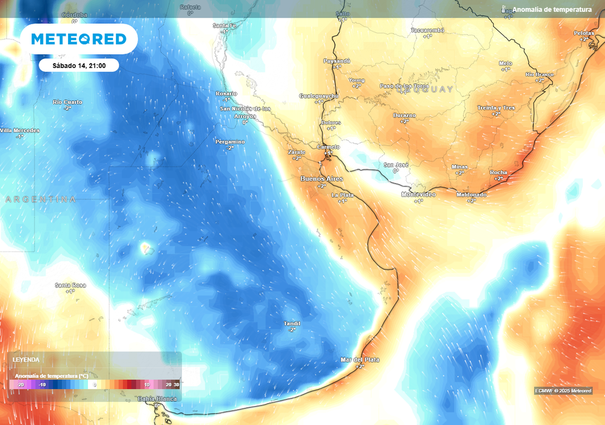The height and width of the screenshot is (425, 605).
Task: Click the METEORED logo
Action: coord(79,39)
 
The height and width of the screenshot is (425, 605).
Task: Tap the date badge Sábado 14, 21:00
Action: coord(79,66)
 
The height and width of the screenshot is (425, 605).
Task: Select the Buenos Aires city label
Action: coord(321,178)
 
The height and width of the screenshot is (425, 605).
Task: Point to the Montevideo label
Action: coord(418,195)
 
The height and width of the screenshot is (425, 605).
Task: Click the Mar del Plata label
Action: coord(360,359)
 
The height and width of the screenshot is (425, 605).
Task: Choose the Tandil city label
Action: coord(292,323)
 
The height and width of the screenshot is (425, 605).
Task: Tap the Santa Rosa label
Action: coord(70,285)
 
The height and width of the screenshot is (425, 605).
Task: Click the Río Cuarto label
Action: coord(67,102)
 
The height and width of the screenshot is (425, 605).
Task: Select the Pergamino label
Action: coord(230,142)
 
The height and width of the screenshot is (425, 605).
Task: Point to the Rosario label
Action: coord(226,93)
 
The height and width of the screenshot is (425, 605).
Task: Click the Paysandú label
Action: coord(337,61)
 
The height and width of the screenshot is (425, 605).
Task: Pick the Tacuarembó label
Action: coord(427,30)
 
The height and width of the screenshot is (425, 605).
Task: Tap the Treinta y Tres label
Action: coord(496,108)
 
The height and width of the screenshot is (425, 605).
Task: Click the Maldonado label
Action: coord(471,195)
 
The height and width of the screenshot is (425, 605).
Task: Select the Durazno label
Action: coord(405,115)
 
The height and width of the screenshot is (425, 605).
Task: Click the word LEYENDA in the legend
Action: coord(27,359)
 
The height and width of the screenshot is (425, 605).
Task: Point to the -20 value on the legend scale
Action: coord(21,385)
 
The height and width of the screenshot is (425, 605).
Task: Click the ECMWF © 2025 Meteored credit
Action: coord(563,391)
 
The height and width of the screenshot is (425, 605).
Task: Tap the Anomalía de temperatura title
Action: coord(552,9)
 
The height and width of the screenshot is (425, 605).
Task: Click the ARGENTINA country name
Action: coord(40,200)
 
